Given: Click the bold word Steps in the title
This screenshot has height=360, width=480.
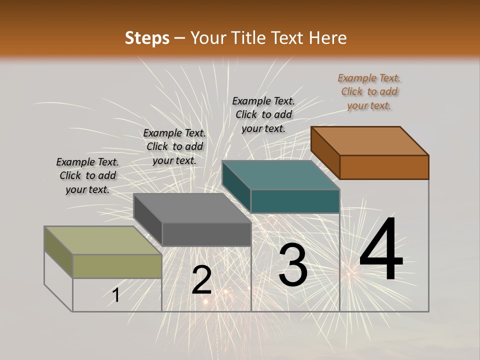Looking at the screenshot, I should point(147,38).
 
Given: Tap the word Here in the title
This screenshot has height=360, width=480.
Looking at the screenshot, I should point(327,38).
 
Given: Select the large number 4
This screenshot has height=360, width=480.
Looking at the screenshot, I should point(381,250).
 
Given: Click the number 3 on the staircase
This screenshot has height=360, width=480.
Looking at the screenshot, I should point(292,265).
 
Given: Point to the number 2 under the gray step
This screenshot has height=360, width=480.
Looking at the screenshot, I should point(201,280).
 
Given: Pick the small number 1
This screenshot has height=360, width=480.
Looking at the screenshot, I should point(116,295).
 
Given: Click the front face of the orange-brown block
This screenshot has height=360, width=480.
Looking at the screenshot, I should point(384,167).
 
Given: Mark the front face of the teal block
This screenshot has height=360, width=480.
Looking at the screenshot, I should point(295,201).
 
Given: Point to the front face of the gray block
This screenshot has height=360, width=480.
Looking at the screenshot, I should point(206,234).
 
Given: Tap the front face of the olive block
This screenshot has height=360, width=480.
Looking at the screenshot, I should point(117,266).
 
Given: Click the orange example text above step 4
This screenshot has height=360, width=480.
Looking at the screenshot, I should point(369,91).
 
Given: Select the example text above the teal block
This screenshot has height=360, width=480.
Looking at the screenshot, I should point(263,114).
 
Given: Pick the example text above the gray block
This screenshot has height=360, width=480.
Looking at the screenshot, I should point(174,146).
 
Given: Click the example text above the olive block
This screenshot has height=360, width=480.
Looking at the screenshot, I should point(87,175).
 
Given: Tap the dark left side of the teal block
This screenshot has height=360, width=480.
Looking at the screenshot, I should point(236,185).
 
